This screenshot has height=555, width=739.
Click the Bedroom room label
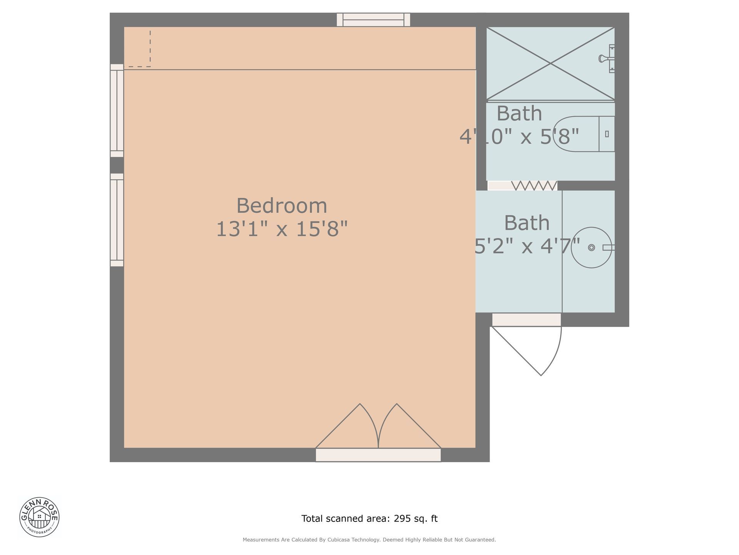click(x=282, y=205)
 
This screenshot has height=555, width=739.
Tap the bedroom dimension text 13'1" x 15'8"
click(x=282, y=229)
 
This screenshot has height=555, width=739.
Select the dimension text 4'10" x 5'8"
click(x=519, y=136)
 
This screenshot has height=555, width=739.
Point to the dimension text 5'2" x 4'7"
click(x=527, y=246)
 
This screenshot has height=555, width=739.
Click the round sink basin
click(x=591, y=247)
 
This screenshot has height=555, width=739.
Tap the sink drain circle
click(x=592, y=247)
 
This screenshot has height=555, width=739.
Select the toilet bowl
click(x=576, y=134)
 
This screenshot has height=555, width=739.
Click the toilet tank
click(x=607, y=134)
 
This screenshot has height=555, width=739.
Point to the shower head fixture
click(x=607, y=59)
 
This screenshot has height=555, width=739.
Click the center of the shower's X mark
click(x=550, y=63)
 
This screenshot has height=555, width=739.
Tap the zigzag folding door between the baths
click(x=534, y=186)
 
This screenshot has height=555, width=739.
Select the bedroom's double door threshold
click(x=378, y=455)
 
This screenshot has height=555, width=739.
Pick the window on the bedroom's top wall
click(x=373, y=20)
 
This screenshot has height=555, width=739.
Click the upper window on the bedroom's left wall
click(x=117, y=111)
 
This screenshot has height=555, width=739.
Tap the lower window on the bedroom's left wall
click(x=117, y=220)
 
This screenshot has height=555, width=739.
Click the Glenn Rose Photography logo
click(x=39, y=517)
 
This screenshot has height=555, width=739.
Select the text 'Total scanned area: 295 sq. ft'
click(x=369, y=519)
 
